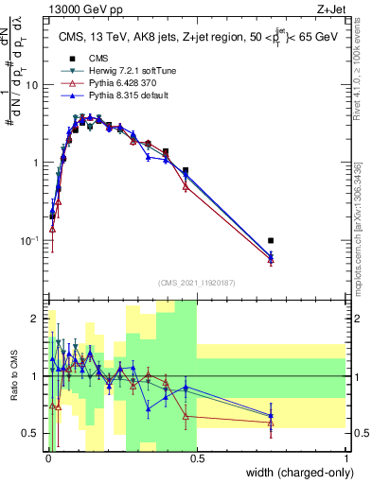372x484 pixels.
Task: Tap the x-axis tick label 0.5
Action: [197, 458]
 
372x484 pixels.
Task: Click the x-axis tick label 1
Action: [346, 458]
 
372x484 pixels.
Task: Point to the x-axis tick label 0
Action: [47, 458]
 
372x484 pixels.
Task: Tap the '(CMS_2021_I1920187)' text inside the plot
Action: [197, 282]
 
